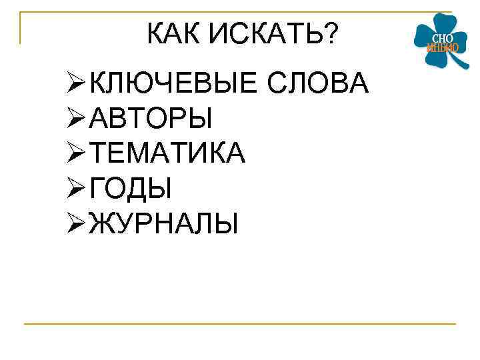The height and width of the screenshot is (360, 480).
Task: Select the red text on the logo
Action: click(442, 48)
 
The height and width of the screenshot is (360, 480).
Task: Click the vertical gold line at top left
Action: click(21, 28)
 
